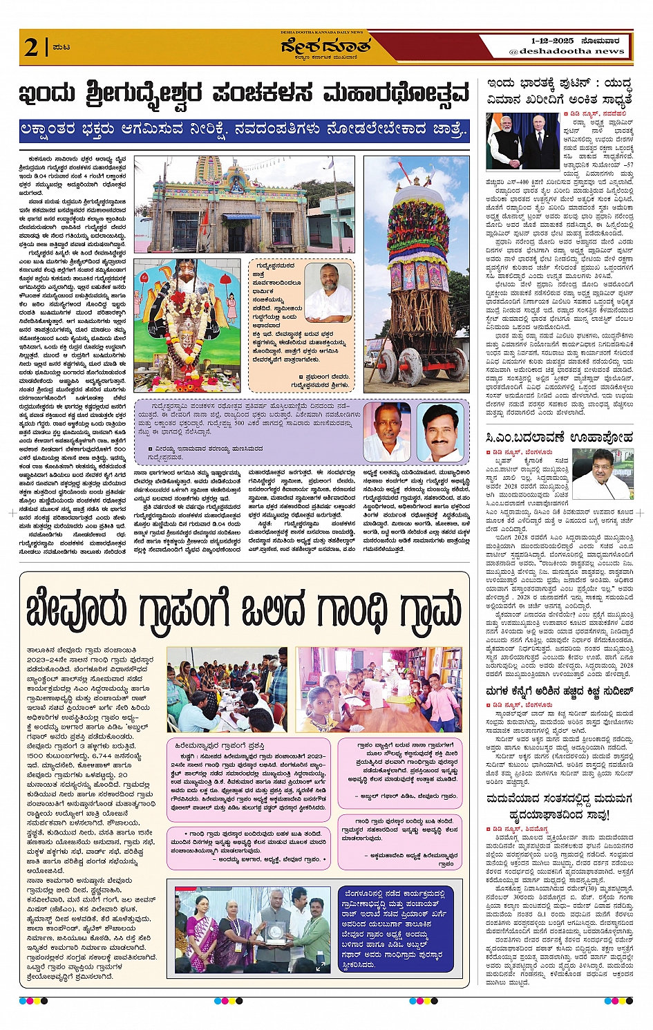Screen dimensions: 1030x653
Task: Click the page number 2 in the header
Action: pyautogui.click(x=32, y=47)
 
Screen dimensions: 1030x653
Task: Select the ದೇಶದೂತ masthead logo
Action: pyautogui.click(x=325, y=46)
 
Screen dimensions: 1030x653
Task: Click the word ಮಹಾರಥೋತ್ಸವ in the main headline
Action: pyautogui.click(x=397, y=93)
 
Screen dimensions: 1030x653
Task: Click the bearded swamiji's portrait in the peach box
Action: pyautogui.click(x=328, y=292)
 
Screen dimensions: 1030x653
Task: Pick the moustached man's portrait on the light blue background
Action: pyautogui.click(x=440, y=433)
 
